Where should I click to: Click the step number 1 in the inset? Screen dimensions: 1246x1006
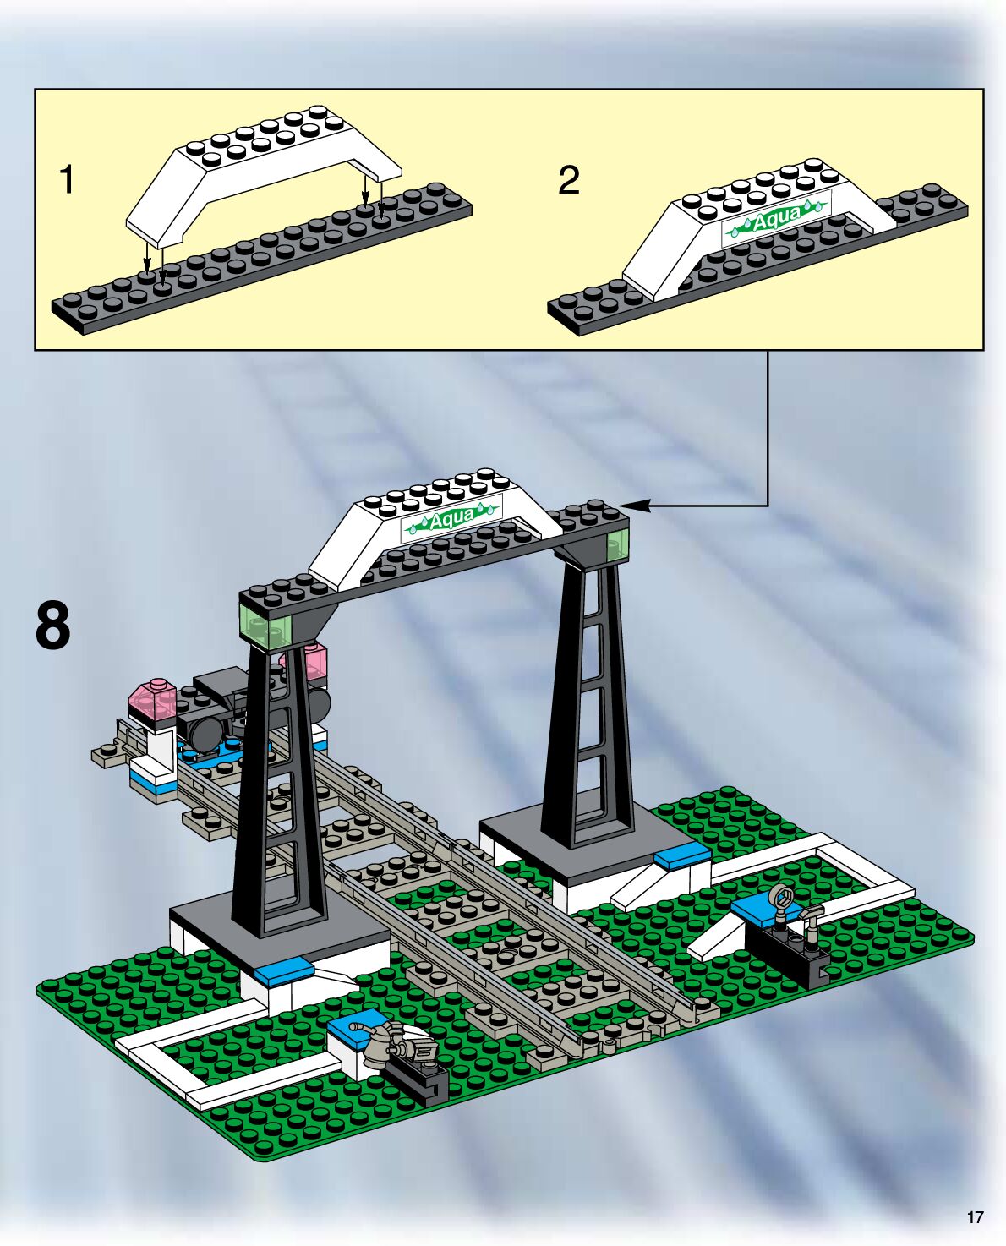66,180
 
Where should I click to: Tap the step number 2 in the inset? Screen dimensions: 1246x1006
569,180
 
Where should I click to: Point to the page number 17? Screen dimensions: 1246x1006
975,1217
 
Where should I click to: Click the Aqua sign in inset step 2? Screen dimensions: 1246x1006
776,220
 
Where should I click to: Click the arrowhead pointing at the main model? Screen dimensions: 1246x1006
636,506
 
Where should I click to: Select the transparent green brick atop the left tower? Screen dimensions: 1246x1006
265,628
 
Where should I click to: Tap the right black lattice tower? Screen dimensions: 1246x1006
587,702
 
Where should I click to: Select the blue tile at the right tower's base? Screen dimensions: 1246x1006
681,856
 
